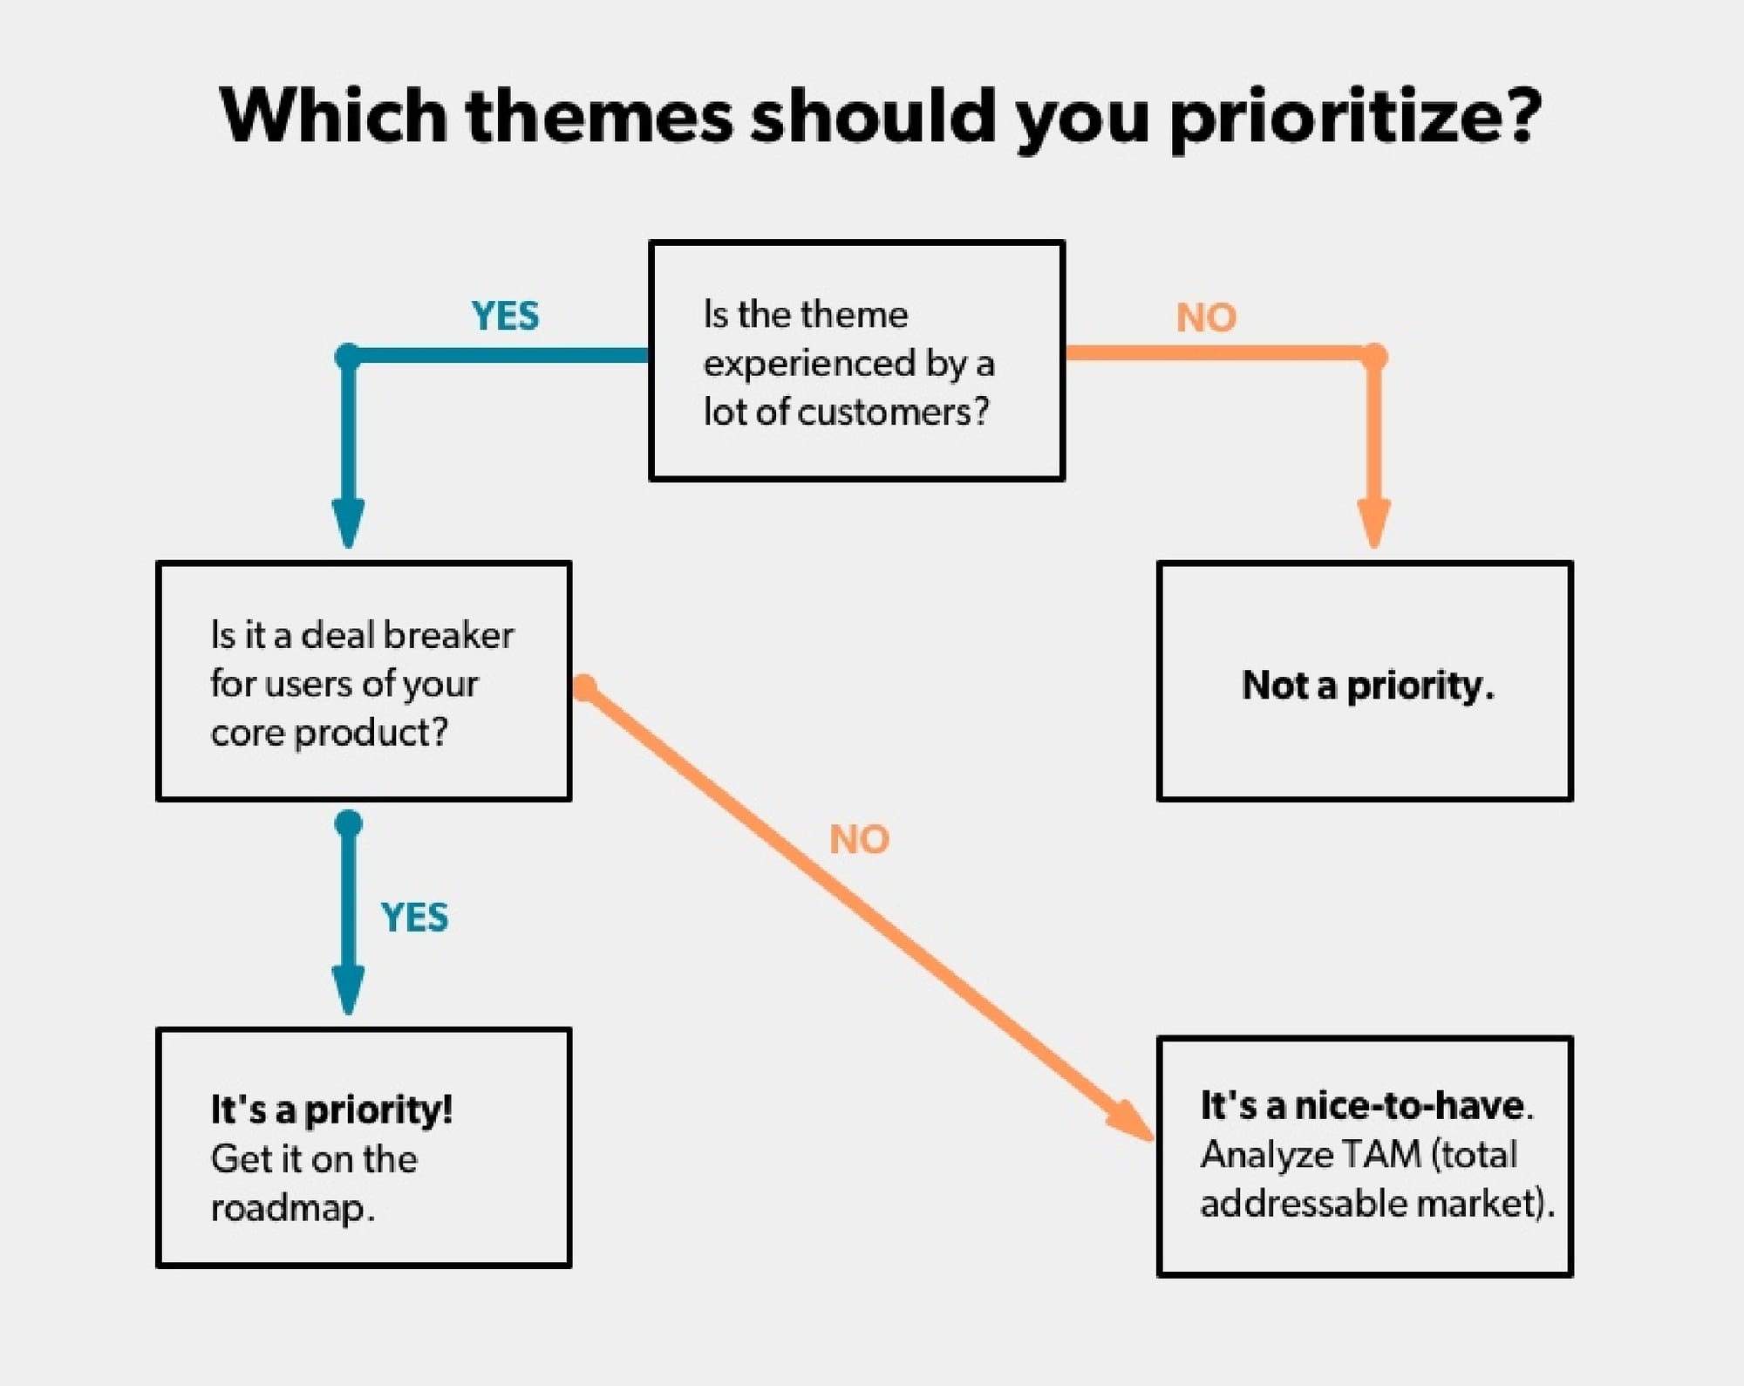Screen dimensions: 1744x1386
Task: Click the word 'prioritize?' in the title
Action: pos(1355,117)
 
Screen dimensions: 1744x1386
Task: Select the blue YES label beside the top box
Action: pos(505,316)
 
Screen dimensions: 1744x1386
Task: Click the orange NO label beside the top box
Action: pos(1206,317)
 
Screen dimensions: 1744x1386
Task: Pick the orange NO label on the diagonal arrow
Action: pos(859,839)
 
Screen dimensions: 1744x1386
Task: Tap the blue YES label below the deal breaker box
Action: pos(414,918)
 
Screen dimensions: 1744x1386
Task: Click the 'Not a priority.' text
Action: pos(1368,685)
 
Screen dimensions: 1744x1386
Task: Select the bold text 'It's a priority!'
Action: pos(331,1109)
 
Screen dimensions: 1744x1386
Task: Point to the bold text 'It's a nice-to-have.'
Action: pos(1366,1105)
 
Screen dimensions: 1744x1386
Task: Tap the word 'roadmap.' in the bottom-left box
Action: pos(293,1208)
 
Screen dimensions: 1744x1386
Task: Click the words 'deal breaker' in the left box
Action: pos(407,635)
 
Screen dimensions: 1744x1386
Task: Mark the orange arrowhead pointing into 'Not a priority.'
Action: pos(1374,523)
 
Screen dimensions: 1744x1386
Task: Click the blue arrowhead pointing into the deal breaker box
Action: pos(349,523)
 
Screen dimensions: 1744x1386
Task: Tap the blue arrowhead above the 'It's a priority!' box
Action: pos(349,990)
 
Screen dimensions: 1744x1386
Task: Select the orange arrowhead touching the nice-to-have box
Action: pos(1131,1120)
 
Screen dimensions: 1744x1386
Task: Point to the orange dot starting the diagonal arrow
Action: pos(585,688)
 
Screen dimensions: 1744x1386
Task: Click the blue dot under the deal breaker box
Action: pos(349,823)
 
